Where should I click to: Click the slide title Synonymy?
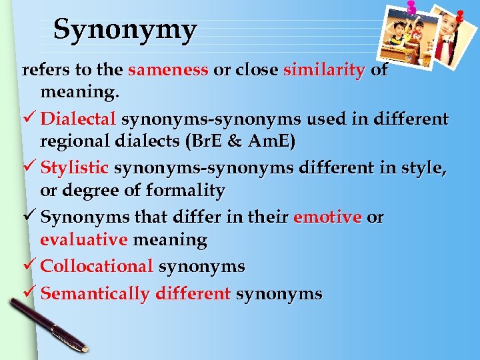pos(125,29)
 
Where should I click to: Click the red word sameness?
pos(168,70)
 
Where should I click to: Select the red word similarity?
pos(324,70)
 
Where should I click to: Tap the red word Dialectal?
pos(79,119)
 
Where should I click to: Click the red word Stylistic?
pos(75,169)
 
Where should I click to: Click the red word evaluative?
pos(83,239)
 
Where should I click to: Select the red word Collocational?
pos(97,266)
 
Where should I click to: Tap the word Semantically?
pos(95,293)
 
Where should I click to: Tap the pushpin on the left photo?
pos(411,8)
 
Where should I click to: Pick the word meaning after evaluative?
pos(170,239)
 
